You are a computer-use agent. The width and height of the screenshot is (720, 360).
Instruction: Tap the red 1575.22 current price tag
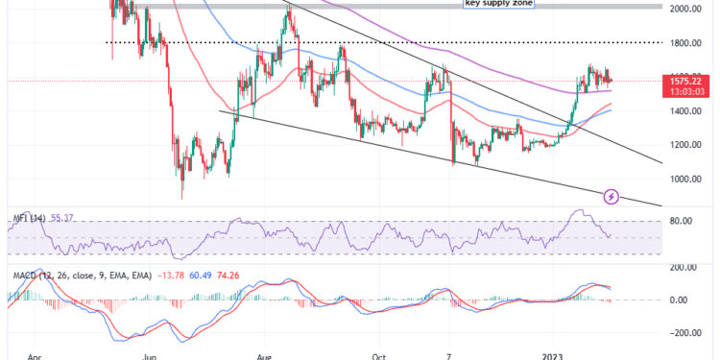pos(688,83)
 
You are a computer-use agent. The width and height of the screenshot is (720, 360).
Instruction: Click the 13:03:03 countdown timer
pos(688,93)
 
